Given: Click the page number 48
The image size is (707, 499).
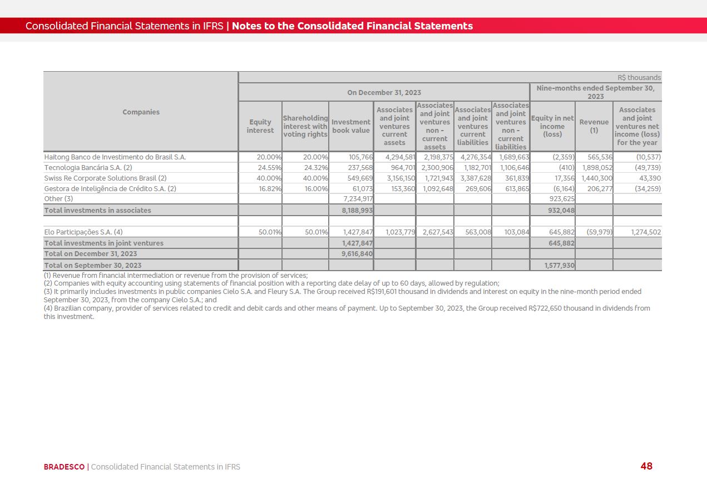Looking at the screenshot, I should tap(646, 466).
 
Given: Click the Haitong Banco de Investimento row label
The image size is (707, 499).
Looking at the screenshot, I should tap(115, 157).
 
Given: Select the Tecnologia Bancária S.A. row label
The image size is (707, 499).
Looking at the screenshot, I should tap(88, 168).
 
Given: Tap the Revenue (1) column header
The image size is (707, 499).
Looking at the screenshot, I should tap(594, 126).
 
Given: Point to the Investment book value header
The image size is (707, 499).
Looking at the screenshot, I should tap(350, 126).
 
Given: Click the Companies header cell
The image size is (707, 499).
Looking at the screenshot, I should tap(141, 112).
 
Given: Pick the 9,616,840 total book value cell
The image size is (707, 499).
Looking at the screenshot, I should tap(357, 254).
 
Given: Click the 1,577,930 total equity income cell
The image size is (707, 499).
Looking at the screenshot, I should tap(559, 266).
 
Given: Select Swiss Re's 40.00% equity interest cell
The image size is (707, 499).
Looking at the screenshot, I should tap(270, 178).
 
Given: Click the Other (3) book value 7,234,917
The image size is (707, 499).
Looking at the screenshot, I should tap(358, 199).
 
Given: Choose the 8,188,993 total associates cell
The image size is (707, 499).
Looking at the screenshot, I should tap(357, 211).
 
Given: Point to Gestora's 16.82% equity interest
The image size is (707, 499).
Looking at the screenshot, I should tap(270, 189).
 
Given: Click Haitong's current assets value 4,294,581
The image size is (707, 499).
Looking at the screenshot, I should tap(399, 157).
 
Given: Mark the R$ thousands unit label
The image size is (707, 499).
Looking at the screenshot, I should tap(639, 78).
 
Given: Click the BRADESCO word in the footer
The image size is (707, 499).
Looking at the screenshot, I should tap(64, 467).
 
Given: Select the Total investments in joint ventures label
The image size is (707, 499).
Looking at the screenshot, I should tap(103, 243).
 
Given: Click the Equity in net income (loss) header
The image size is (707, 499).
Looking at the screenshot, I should tap(552, 126).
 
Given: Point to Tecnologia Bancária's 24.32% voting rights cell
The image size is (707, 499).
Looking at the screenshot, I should tap(316, 168).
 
